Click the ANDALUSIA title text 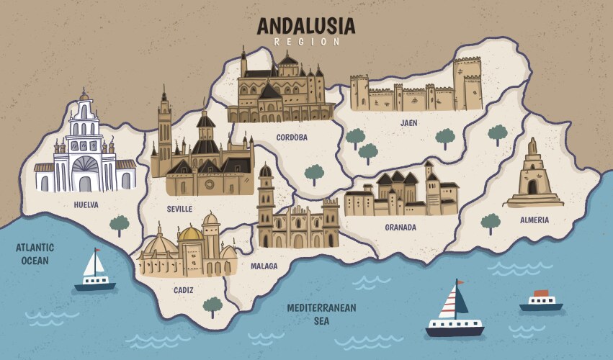pos(306,26)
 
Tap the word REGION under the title pos(306,42)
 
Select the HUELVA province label pos(86,204)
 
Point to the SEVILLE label pos(179,209)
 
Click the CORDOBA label pos(292,137)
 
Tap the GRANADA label pos(401,228)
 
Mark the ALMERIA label pos(534,220)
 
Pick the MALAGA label pos(264,266)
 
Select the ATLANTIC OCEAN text pos(35,253)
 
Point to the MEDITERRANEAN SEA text pos(321,314)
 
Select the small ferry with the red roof pos(541,300)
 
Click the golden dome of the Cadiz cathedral pos(191,234)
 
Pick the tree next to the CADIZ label pos(212,307)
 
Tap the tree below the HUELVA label pos(120,225)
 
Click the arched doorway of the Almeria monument pos(533,187)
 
